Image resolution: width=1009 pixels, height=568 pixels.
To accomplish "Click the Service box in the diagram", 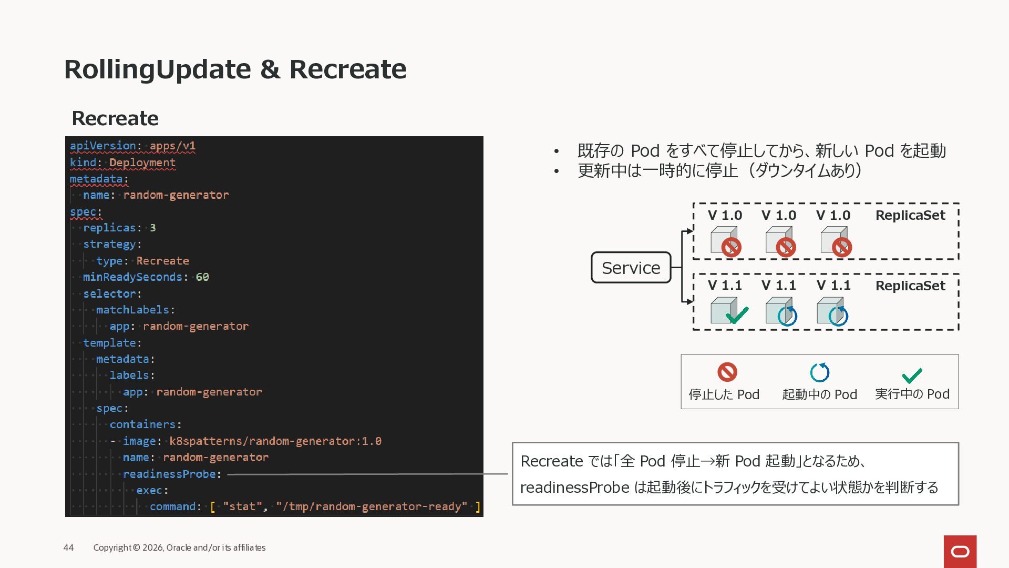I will pos(631,268).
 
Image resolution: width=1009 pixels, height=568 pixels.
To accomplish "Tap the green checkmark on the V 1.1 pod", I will pos(737,315).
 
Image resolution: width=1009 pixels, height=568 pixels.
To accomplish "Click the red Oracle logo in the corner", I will pos(960,551).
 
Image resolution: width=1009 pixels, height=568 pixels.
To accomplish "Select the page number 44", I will pos(68,547).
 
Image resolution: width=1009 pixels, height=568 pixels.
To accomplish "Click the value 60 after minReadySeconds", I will pos(202,277).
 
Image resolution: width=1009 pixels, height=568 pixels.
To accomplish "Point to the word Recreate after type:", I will pos(162,261).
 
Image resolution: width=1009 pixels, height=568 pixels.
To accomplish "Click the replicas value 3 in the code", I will pos(152,228).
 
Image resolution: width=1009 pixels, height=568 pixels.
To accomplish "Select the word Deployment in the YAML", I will pos(142,163).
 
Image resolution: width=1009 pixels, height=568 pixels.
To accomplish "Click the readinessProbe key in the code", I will pos(169,474).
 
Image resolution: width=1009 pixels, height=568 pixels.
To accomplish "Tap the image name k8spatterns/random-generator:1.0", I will pos(275,441).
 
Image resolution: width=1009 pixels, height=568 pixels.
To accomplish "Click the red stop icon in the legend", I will pos(727,372).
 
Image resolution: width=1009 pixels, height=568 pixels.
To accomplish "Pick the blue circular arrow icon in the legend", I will pos(819,372).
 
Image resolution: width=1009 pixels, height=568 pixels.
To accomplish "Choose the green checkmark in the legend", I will pos(912,375).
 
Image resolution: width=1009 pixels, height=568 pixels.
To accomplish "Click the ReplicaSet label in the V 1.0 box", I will pos(910,215).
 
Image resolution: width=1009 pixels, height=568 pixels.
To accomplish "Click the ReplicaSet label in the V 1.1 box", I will pos(910,286).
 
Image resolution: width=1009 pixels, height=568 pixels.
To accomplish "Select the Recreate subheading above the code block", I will pos(115,118).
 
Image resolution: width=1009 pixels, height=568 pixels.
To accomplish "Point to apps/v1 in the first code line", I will pos(172,146).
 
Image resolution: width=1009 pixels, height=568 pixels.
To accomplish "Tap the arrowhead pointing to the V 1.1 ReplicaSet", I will pos(689,301).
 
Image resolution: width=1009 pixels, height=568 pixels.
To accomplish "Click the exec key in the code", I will pos(149,490).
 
